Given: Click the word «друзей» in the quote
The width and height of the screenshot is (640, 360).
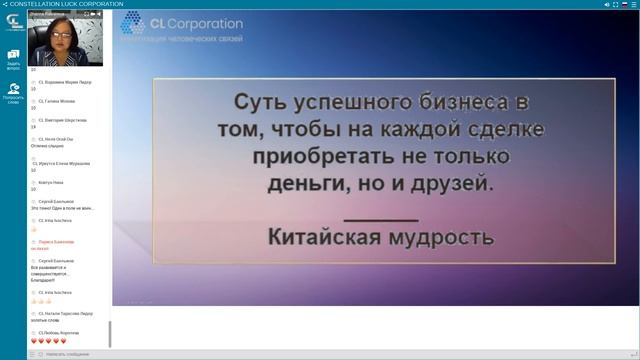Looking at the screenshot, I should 449,185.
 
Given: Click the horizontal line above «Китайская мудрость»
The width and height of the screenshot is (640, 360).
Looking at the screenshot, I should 380,219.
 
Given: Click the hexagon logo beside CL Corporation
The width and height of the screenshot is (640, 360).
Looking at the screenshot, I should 132,23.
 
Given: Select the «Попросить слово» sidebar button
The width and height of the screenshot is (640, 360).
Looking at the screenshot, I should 13,93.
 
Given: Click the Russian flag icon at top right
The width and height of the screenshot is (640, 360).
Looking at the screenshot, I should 625,4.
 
